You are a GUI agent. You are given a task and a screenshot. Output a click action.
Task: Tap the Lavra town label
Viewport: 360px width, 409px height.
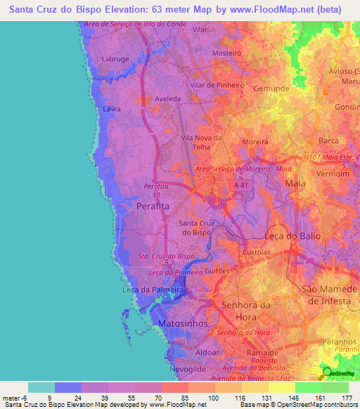112,110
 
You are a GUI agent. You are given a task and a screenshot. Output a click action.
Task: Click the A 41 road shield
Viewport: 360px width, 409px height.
241,185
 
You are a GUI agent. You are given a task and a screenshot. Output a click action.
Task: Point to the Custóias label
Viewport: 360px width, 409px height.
256,251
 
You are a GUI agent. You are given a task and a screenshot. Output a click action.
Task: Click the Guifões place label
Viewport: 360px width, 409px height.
219,270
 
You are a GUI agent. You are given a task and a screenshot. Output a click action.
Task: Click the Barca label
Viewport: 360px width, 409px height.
328,141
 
